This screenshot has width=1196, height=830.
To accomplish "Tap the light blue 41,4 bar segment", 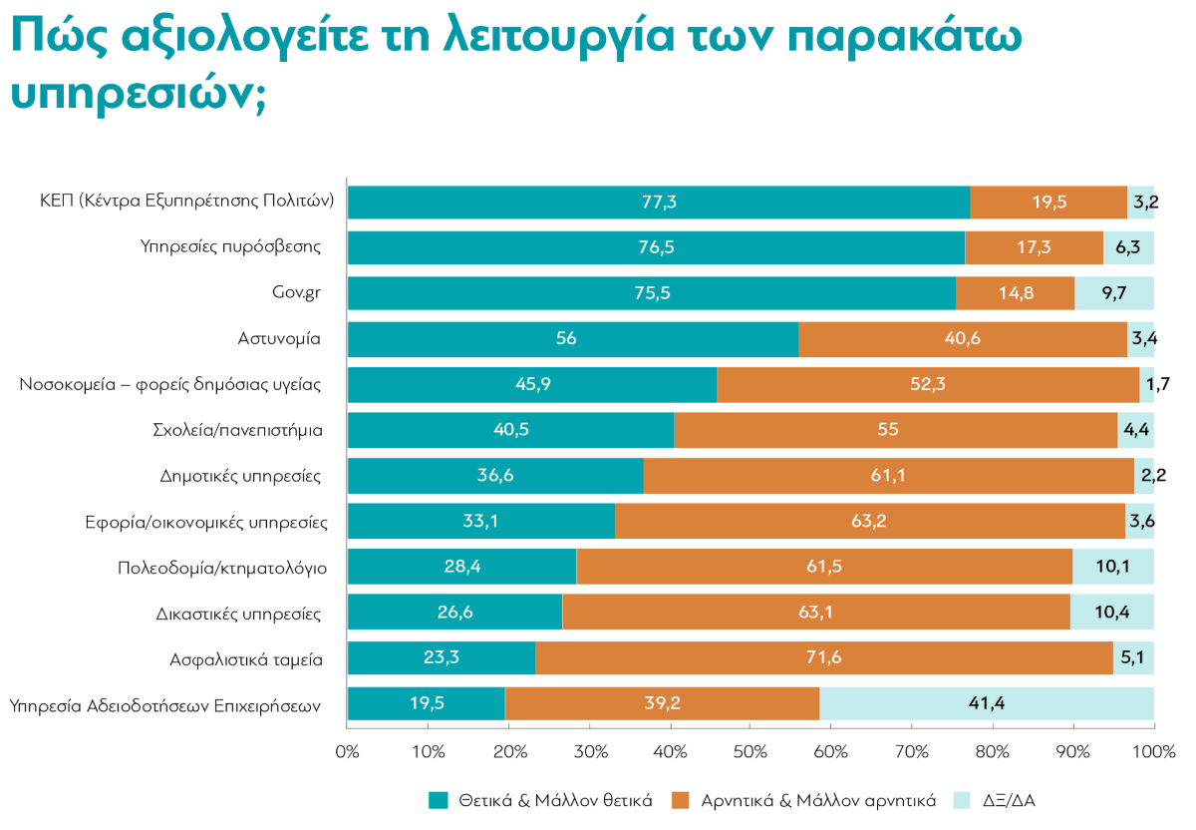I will [987, 704].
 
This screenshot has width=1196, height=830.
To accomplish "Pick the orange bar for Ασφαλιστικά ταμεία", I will [824, 658].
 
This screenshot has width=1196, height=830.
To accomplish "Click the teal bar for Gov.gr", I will [651, 293].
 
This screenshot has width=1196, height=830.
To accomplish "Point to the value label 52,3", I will [927, 385].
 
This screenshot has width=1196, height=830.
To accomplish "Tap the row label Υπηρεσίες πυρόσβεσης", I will [230, 247].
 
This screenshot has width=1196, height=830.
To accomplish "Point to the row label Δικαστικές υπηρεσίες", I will [238, 613].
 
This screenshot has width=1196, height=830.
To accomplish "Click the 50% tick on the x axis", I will [750, 750].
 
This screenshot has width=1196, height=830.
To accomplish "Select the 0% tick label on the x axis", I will [347, 750].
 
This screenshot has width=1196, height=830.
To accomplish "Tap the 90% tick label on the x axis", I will [1073, 750].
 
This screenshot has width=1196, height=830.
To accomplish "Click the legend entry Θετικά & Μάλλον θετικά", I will [555, 800].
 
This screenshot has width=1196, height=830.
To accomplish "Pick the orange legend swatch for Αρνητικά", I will [682, 800].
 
